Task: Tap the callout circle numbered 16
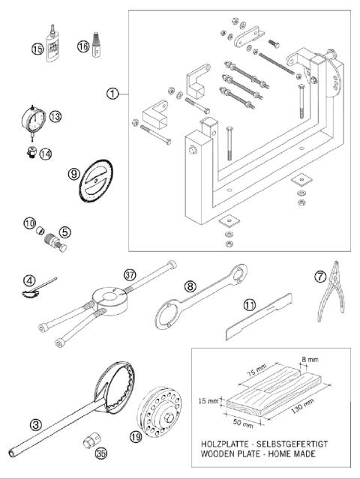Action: click(83, 46)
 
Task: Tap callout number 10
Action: click(29, 223)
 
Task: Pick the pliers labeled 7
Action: click(328, 300)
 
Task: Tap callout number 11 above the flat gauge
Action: click(247, 305)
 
